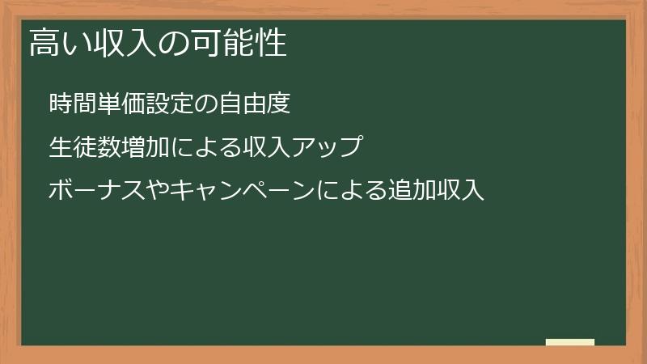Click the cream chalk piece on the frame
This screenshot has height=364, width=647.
pos(570,342)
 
